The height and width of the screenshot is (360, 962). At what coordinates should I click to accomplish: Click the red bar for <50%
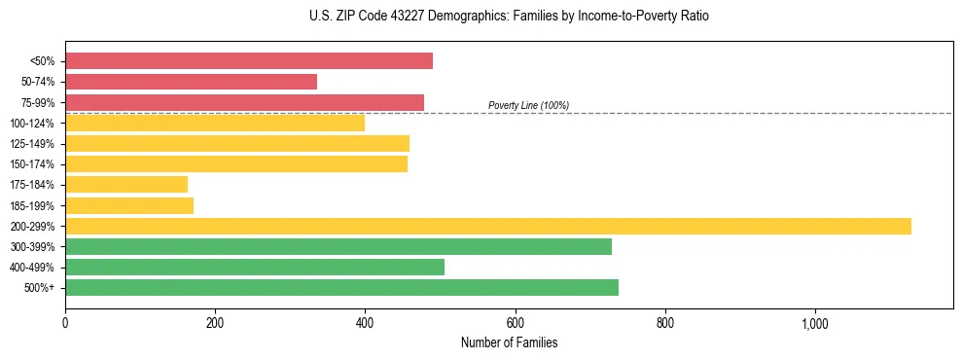click(249, 61)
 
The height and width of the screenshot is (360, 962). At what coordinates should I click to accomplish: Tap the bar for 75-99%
click(244, 102)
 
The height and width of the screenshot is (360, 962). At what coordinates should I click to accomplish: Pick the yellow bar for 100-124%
click(215, 123)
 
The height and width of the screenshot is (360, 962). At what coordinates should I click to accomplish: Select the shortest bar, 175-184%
click(126, 184)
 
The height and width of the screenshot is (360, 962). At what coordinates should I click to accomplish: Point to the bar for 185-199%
click(129, 205)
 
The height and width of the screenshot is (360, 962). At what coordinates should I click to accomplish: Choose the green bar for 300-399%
click(338, 246)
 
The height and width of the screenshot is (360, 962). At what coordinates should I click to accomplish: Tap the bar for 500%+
click(341, 287)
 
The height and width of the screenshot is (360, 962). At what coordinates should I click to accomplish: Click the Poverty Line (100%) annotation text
click(528, 105)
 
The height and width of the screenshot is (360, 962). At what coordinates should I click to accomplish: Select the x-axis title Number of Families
click(509, 342)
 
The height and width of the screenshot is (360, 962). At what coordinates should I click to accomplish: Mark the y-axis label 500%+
click(39, 288)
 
